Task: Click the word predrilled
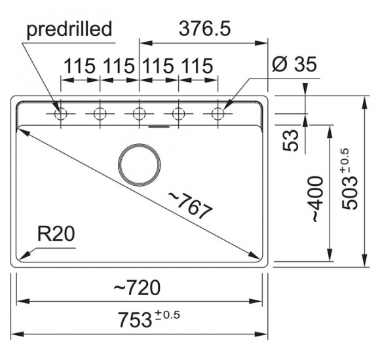pos(69,29)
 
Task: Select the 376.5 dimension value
pos(205,29)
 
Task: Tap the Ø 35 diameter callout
pos(294,64)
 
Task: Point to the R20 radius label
pos(56,234)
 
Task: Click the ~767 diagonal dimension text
pos(191,206)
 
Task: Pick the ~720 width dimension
pos(137,287)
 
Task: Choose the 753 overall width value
pos(135,320)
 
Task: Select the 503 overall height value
pos(350,193)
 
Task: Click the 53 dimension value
pos(291,141)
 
